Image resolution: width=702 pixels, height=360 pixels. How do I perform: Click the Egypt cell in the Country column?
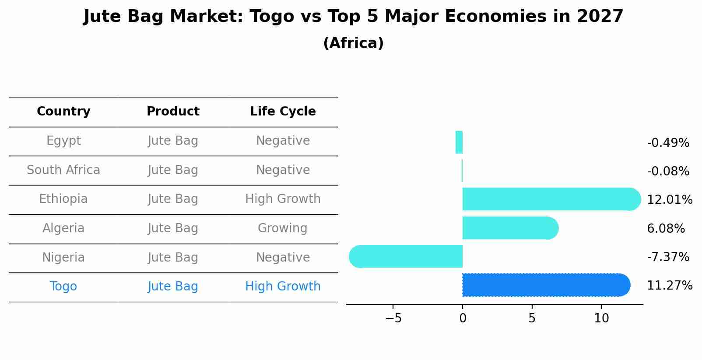coord(63,141)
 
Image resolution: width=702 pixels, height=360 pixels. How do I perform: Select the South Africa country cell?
coord(63,170)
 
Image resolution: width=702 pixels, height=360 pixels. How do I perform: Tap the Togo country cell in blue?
coord(63,287)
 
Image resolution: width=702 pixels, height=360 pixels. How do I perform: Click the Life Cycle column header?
coord(283,112)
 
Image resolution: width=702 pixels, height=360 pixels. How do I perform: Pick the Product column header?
coord(173,112)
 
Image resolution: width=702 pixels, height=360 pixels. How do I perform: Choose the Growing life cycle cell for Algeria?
coord(283,228)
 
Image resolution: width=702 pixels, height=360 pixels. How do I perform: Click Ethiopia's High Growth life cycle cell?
coord(283,199)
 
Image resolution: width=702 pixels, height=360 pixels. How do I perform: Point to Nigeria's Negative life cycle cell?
coord(283,258)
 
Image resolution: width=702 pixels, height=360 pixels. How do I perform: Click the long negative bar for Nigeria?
coord(407,256)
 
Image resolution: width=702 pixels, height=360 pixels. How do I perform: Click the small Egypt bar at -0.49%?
coord(459,142)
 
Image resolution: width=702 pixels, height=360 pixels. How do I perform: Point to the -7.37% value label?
coord(668,257)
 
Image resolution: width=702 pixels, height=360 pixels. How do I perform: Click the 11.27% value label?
coord(670,286)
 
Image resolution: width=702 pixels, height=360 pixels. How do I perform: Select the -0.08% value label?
coord(668,171)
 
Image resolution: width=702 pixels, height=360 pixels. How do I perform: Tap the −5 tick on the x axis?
coord(393,318)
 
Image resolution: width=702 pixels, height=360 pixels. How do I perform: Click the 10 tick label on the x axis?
coord(601,318)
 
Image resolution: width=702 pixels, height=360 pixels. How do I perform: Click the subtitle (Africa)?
coord(353,43)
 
